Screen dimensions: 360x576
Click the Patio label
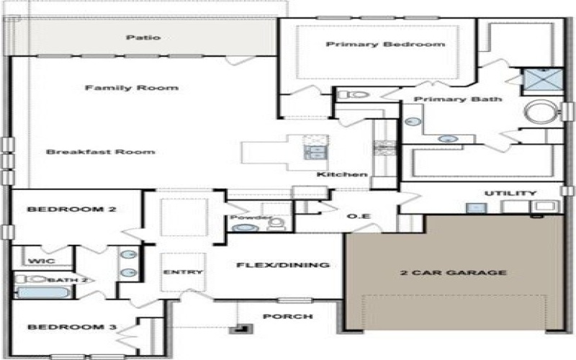point(143,37)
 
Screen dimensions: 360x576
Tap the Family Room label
point(132,88)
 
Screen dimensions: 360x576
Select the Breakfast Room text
point(101,152)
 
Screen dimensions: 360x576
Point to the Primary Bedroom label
point(385,45)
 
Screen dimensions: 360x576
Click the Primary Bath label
point(458,99)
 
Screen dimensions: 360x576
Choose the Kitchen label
point(343,175)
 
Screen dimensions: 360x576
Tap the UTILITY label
point(510,194)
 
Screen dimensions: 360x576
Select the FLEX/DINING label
point(283,265)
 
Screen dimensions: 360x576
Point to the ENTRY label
point(183,272)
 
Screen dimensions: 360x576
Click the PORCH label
point(287,317)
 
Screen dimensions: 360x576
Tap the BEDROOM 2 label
point(72,210)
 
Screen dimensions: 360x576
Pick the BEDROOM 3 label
point(72,328)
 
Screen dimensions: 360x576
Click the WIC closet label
point(38,260)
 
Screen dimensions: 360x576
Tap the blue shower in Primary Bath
point(537,78)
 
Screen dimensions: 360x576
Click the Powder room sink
point(246,228)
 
